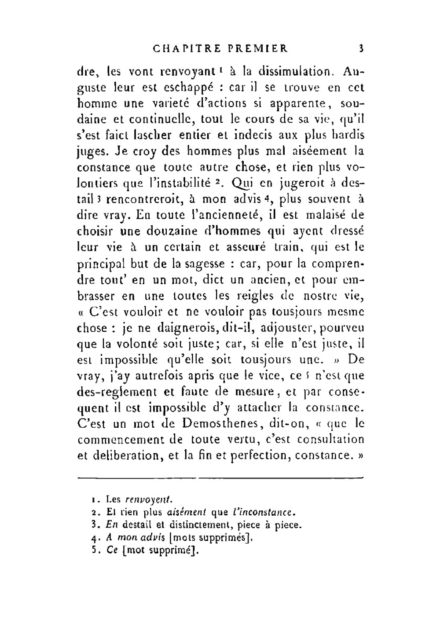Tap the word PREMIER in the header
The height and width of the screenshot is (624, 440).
(258, 48)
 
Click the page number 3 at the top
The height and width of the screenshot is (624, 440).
(361, 48)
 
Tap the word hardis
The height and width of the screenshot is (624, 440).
(348, 135)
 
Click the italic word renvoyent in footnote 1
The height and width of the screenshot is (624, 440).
(149, 500)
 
